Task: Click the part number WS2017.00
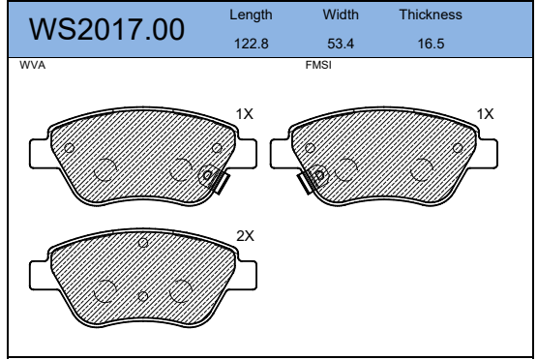coord(106,29)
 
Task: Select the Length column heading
coord(251,15)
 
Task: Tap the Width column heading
coord(341,15)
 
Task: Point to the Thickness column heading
coord(431,15)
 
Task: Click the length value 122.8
coord(251,44)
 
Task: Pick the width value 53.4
coord(341,44)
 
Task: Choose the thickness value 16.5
coord(431,44)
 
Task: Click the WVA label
coord(33,65)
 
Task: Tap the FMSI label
coord(318,65)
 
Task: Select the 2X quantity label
coord(245,236)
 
